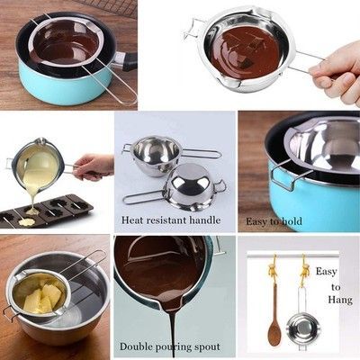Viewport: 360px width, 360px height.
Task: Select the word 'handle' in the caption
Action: point(204,220)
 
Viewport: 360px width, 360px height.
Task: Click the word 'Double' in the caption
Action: point(136,346)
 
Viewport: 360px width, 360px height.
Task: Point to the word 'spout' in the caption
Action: point(207,347)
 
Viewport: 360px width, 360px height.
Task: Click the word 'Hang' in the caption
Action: point(340,300)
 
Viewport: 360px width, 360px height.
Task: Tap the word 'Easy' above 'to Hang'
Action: point(326,272)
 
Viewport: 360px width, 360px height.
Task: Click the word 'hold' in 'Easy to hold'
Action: point(291,221)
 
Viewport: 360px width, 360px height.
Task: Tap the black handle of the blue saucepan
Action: point(130,61)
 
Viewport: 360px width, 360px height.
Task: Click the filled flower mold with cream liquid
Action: point(26,222)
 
